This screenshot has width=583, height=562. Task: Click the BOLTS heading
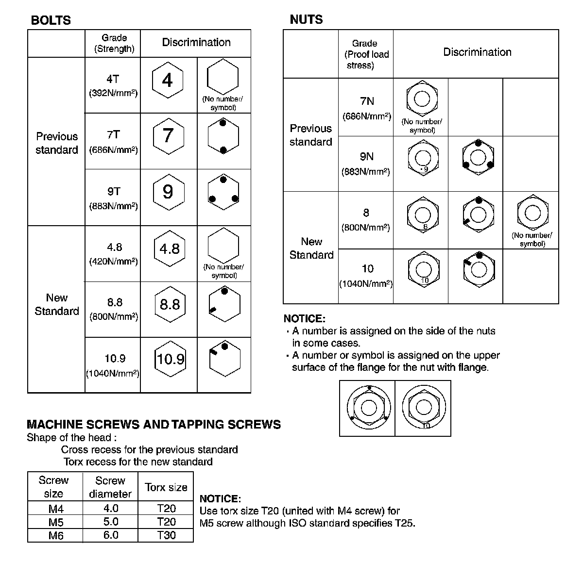[x=51, y=20]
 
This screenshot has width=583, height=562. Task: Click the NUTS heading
[x=306, y=19]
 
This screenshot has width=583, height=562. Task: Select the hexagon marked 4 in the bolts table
[x=168, y=80]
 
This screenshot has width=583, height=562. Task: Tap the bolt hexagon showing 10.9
[x=170, y=359]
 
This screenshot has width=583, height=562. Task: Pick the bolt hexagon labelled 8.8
[x=170, y=304]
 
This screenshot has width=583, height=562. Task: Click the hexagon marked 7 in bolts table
[x=168, y=135]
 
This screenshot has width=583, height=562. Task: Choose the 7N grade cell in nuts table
[x=367, y=107]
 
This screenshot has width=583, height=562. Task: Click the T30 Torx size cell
[x=166, y=535]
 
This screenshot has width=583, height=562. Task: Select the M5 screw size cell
[x=56, y=522]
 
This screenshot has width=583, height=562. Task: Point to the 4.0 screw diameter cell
[x=111, y=509]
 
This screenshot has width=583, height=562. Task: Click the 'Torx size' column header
[x=166, y=487]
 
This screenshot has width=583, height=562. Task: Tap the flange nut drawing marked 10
[x=423, y=408]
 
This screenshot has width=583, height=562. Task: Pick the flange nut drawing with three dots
[x=368, y=408]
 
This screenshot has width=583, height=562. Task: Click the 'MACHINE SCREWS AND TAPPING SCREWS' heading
[x=154, y=425]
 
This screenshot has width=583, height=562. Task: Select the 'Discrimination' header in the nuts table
[x=477, y=52]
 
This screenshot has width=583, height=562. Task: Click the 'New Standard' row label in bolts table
[x=56, y=304]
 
